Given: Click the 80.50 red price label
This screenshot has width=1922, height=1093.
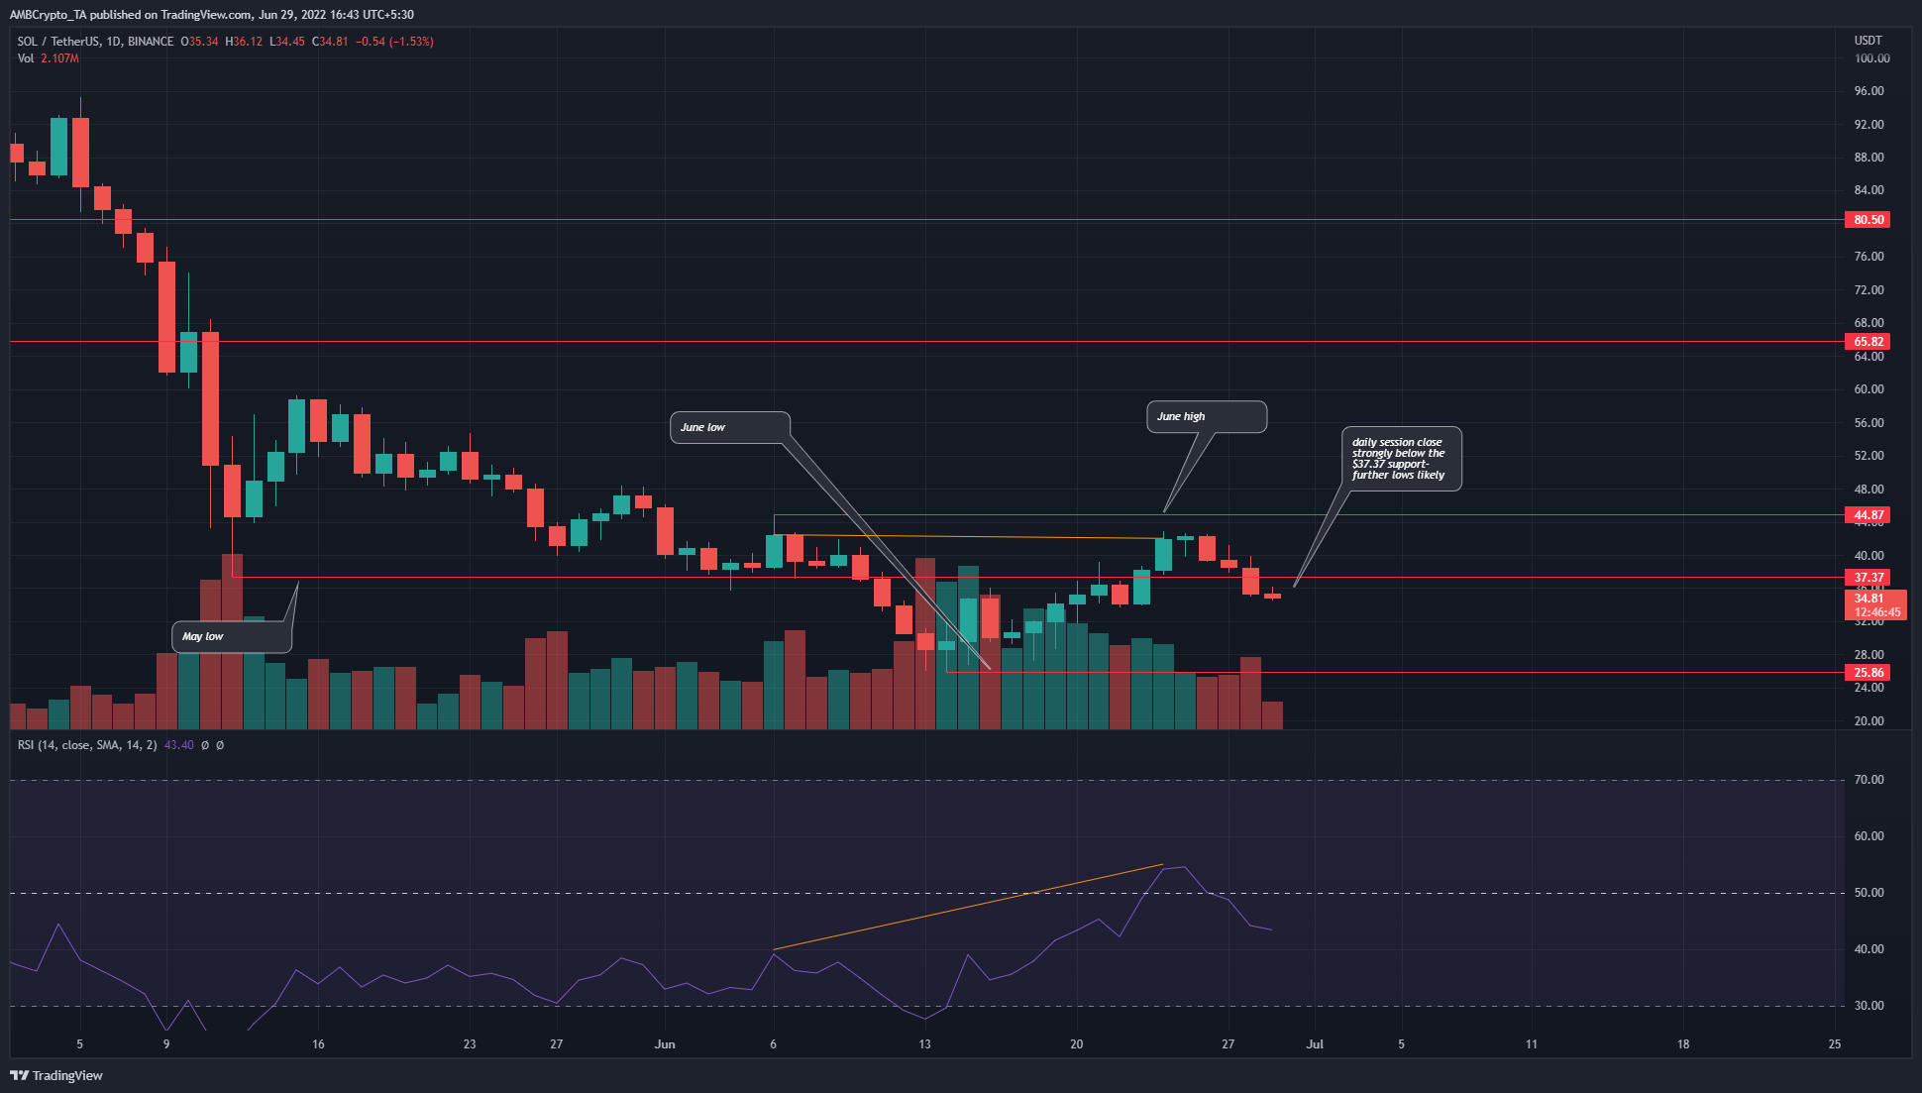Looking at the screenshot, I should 1868,220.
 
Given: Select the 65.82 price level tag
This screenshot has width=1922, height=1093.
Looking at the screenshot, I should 1868,342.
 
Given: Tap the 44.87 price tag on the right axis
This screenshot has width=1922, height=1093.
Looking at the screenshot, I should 1868,515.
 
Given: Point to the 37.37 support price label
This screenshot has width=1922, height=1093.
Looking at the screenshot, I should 1868,578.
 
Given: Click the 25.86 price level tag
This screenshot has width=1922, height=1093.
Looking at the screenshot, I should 1868,673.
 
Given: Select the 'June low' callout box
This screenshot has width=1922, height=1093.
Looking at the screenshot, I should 730,427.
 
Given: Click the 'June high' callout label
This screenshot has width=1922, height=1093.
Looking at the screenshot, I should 1206,417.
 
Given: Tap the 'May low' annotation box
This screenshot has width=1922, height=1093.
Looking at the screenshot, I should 232,636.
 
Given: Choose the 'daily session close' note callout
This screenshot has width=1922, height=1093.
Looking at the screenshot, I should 1401,459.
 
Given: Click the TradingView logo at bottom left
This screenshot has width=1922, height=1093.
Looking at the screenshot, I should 56,1075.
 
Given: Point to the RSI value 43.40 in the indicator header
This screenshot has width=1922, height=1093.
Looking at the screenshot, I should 178,745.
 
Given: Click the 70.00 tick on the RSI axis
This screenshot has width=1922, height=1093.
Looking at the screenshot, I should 1869,780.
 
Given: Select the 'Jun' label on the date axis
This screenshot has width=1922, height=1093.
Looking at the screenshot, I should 665,1044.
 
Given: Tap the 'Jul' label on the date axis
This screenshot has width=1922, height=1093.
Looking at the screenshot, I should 1315,1044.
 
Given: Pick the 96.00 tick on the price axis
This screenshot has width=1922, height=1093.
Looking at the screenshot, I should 1869,91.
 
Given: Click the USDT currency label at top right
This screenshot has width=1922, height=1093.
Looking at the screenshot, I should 1868,41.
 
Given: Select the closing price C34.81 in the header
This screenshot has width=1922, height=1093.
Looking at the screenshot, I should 330,42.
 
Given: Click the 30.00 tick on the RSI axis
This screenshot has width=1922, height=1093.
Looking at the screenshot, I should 1869,1006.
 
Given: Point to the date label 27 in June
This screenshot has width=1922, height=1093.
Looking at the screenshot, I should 1228,1044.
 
